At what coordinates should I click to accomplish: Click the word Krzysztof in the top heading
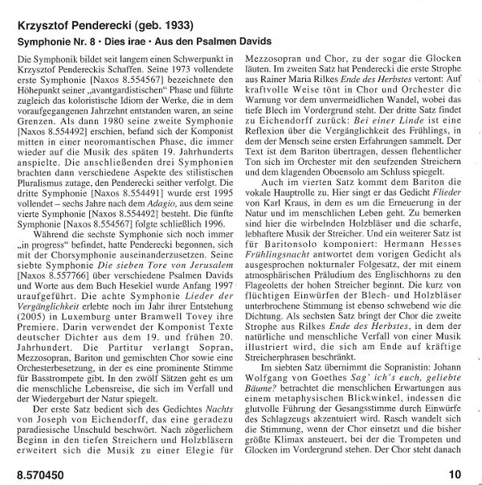click(47, 23)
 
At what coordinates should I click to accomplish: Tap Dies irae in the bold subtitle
click(137, 40)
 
